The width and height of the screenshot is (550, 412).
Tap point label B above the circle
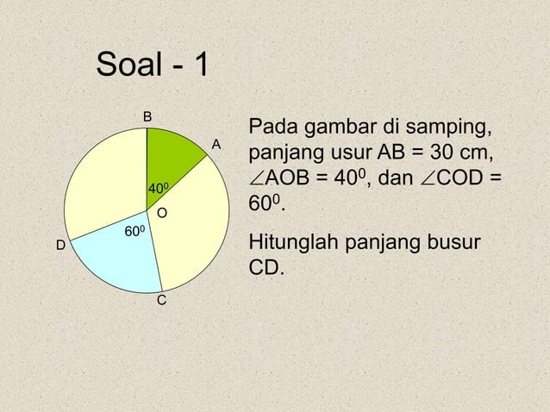[x=147, y=116]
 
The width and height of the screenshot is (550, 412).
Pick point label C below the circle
[x=161, y=302]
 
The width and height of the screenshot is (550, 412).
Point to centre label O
[x=161, y=212]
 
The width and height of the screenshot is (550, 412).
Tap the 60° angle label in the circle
[x=134, y=232]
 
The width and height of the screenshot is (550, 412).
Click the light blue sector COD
[x=121, y=254]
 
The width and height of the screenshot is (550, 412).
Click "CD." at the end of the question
[x=266, y=267]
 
